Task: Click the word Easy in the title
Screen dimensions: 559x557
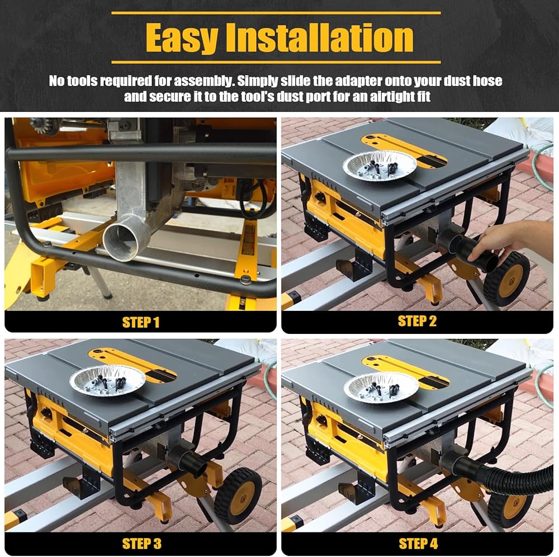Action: [x=181, y=38]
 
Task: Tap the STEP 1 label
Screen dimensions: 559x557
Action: [x=140, y=322]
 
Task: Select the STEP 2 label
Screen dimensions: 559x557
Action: [x=417, y=321]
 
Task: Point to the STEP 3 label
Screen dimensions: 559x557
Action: [x=141, y=544]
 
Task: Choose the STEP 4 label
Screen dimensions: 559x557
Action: [x=418, y=544]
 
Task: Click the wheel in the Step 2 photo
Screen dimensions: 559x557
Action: [x=506, y=280]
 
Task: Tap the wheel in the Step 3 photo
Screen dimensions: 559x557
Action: [x=238, y=497]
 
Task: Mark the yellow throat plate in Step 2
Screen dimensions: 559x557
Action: [x=404, y=150]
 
